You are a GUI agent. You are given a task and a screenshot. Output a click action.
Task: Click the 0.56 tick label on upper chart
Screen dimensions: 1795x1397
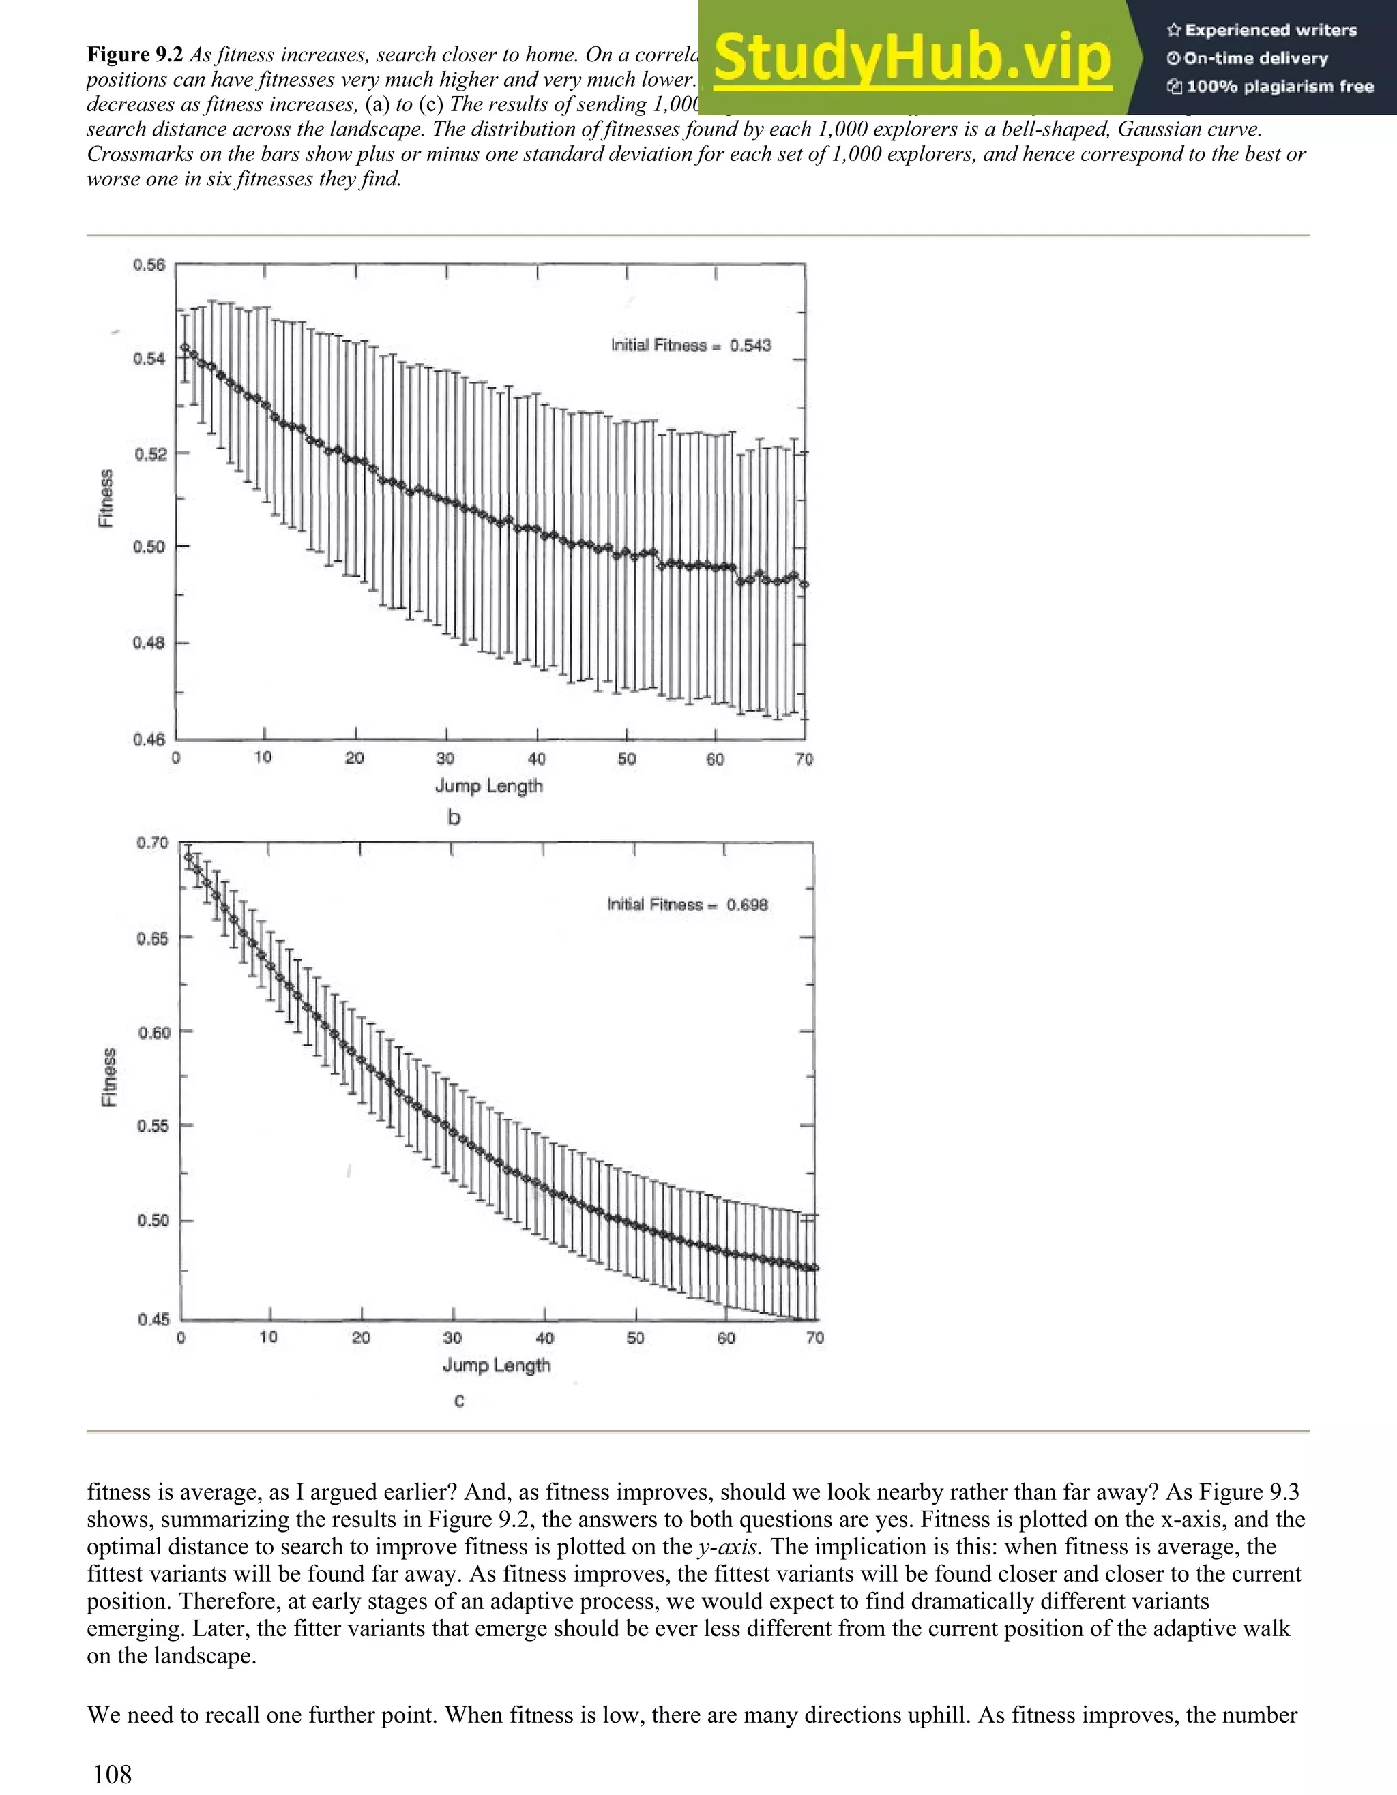click(x=149, y=265)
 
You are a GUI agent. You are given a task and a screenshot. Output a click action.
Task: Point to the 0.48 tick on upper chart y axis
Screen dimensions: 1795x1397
click(x=149, y=643)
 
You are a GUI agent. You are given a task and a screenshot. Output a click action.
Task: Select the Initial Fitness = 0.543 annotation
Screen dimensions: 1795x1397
click(x=691, y=345)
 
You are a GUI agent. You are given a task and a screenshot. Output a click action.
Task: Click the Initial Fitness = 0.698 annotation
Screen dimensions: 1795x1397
click(x=688, y=905)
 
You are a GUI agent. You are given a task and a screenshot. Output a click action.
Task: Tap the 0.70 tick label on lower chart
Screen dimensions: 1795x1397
click(x=153, y=843)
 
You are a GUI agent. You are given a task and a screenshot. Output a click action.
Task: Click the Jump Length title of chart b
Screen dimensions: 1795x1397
click(x=488, y=786)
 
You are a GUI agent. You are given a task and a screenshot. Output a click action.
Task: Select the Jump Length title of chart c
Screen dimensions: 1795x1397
click(x=497, y=1365)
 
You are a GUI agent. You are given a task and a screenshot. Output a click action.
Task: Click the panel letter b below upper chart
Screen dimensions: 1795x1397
click(x=453, y=818)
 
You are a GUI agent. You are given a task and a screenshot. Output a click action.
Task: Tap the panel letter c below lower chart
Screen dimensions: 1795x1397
click(x=459, y=1400)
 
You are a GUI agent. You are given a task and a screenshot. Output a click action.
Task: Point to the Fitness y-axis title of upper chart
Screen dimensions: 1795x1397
click(x=106, y=498)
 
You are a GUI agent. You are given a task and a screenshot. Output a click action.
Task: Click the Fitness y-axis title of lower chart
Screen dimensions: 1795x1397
click(x=108, y=1078)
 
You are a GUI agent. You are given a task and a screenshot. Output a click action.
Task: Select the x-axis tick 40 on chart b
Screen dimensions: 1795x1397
click(x=536, y=759)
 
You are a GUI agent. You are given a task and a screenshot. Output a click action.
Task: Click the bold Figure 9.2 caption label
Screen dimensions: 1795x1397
click(x=135, y=55)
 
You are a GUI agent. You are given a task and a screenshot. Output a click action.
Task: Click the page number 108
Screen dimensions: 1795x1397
click(x=112, y=1774)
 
